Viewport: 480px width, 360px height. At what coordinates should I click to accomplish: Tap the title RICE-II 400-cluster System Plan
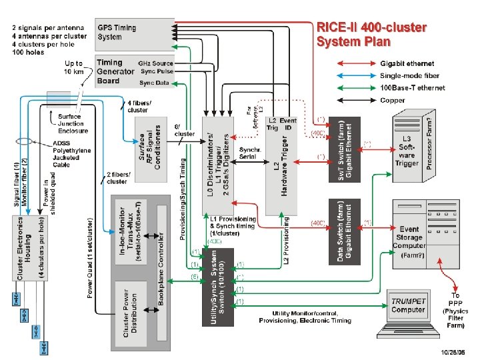click(371, 35)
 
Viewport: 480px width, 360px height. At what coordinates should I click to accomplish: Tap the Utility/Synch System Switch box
click(217, 287)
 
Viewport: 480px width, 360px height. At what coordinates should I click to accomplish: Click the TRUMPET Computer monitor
click(407, 307)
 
